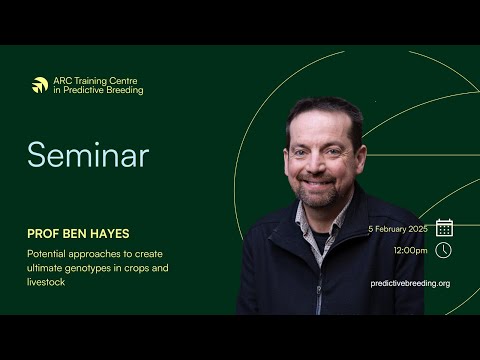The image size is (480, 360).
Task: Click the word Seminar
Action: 88,155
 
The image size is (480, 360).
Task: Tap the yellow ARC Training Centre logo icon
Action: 40,85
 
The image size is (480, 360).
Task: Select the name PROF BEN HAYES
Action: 78,233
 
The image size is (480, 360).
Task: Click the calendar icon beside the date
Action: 444,227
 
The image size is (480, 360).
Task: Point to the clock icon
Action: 444,250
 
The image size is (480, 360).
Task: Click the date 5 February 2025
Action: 397,228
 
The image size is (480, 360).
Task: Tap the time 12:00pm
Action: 410,250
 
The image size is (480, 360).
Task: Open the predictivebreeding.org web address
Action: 410,283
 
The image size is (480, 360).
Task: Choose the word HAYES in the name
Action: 109,233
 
